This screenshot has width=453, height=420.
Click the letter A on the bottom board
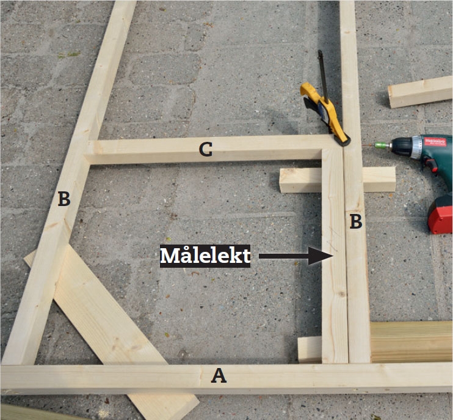click(219, 376)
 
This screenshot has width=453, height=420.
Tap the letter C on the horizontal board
click(206, 150)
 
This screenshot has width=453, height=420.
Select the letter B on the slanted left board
click(64, 199)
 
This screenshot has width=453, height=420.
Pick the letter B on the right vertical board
click(356, 221)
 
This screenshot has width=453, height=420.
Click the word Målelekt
click(205, 256)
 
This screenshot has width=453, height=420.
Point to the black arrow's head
click(321, 256)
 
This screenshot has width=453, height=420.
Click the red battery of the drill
click(440, 215)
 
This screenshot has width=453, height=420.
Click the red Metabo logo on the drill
click(438, 142)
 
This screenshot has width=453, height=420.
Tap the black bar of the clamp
click(324, 76)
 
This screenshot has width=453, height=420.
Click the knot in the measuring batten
click(342, 294)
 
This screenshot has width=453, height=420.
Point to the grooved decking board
click(411, 342)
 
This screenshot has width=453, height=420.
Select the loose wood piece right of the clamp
click(420, 92)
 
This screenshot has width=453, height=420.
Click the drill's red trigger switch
click(432, 166)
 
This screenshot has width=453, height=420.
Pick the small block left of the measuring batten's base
click(310, 350)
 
